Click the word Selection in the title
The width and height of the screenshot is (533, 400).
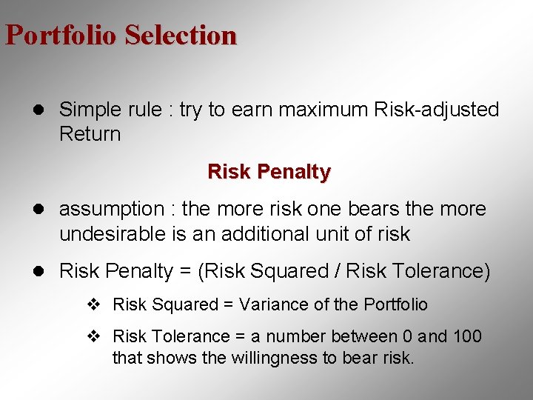(x=181, y=35)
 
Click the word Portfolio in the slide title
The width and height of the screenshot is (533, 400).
(x=61, y=35)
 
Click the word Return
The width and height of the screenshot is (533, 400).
(x=90, y=134)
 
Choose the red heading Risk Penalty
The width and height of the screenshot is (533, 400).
(x=269, y=172)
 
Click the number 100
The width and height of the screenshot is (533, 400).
(x=466, y=336)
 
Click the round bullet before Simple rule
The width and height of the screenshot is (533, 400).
(x=44, y=110)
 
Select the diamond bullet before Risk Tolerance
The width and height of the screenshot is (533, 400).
(x=93, y=337)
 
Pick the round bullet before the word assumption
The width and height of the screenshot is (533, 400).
(x=44, y=210)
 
